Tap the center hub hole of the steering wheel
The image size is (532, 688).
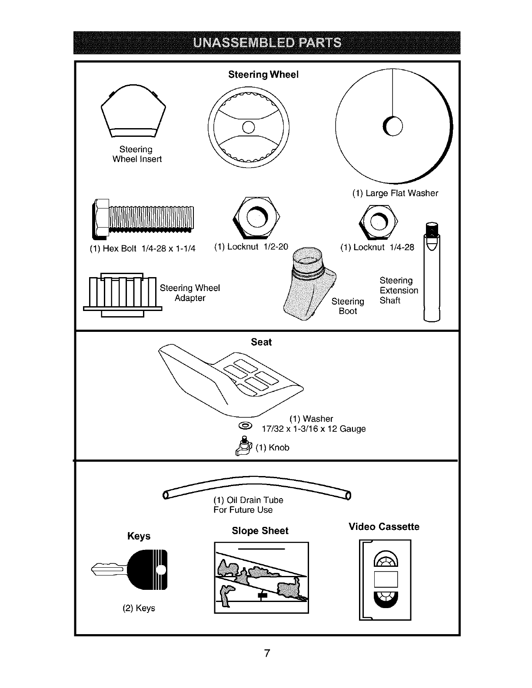tap(248, 126)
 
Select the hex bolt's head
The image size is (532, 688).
tap(101, 219)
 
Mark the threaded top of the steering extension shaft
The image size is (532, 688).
tap(432, 228)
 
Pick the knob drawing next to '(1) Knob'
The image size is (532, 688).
tap(243, 446)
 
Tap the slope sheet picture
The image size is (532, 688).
tap(261, 578)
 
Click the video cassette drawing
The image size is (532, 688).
tap(385, 580)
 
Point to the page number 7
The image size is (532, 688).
tap(267, 653)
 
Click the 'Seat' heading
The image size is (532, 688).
tap(261, 342)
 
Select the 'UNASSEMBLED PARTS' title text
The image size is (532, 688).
tap(267, 43)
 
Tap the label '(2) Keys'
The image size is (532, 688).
tap(139, 608)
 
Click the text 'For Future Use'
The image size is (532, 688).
tap(243, 510)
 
